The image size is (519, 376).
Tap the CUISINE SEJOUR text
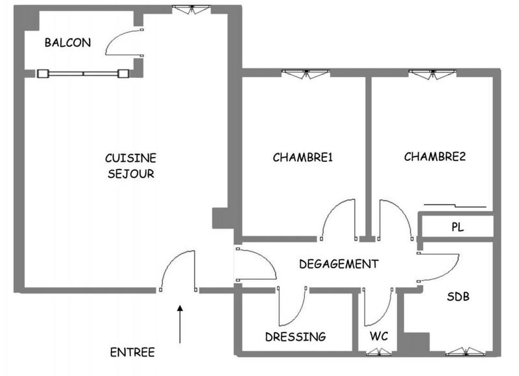pyautogui.click(x=130, y=166)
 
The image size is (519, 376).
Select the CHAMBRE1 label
pyautogui.click(x=302, y=157)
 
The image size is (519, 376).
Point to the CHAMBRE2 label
pyautogui.click(x=435, y=157)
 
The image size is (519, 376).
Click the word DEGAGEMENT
pyautogui.click(x=338, y=264)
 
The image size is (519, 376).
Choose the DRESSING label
pyautogui.click(x=295, y=337)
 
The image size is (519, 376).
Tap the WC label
pyautogui.click(x=379, y=337)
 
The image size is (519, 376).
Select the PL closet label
pyautogui.click(x=459, y=227)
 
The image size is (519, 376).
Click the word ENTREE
pyautogui.click(x=132, y=353)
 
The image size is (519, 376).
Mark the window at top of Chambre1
pyautogui.click(x=304, y=73)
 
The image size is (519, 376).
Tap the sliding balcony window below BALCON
pyautogui.click(x=83, y=73)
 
